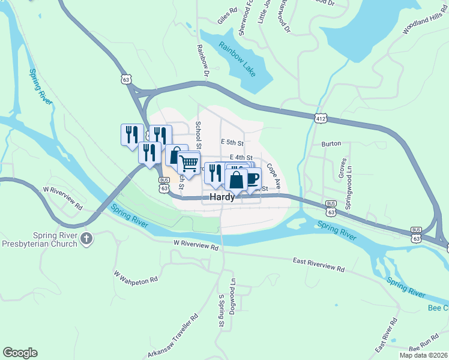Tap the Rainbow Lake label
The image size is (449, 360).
click(x=237, y=58)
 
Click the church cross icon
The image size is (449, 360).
click(x=86, y=238)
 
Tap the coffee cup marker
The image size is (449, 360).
click(x=252, y=178)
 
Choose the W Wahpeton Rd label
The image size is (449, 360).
click(x=136, y=276)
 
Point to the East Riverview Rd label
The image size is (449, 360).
click(x=319, y=265)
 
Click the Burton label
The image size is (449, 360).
click(x=331, y=144)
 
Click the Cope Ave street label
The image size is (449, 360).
click(x=274, y=174)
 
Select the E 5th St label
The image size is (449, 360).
click(x=232, y=143)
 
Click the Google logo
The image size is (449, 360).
click(x=20, y=353)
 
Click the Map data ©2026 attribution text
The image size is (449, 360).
click(x=424, y=355)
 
